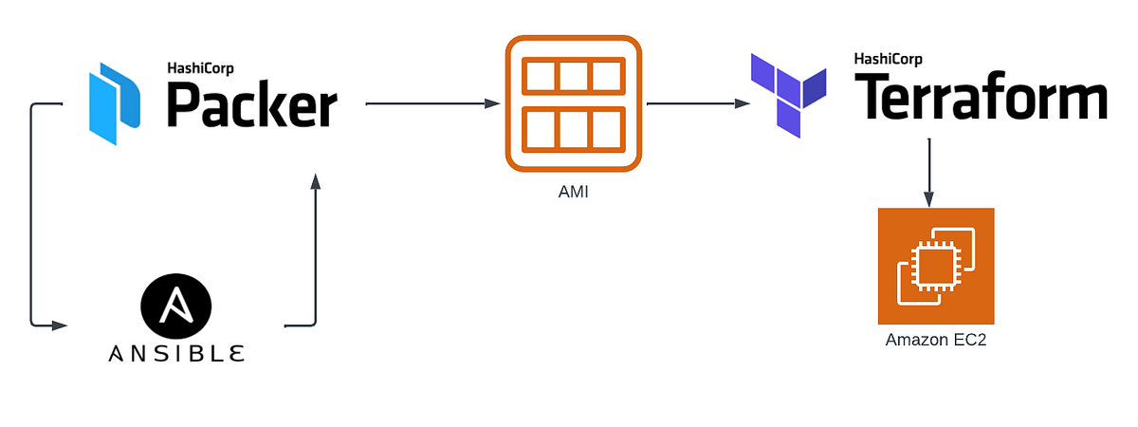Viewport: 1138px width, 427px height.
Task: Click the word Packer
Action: [252, 104]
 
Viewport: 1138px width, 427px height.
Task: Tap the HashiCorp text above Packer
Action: [201, 67]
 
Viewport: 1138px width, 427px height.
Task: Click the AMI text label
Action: [574, 193]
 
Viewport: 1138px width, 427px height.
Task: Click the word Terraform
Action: [982, 97]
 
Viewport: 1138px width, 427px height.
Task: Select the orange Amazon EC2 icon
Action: [936, 267]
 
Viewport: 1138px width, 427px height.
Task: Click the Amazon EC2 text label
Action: [936, 340]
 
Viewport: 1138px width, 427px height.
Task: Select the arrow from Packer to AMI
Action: [431, 103]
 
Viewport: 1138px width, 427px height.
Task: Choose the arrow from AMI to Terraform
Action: [693, 103]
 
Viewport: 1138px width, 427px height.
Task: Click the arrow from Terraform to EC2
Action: [929, 171]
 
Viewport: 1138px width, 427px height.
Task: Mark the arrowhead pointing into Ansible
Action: [61, 325]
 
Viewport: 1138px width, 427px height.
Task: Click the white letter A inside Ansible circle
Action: [176, 306]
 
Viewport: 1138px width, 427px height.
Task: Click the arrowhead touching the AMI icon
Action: [493, 103]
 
